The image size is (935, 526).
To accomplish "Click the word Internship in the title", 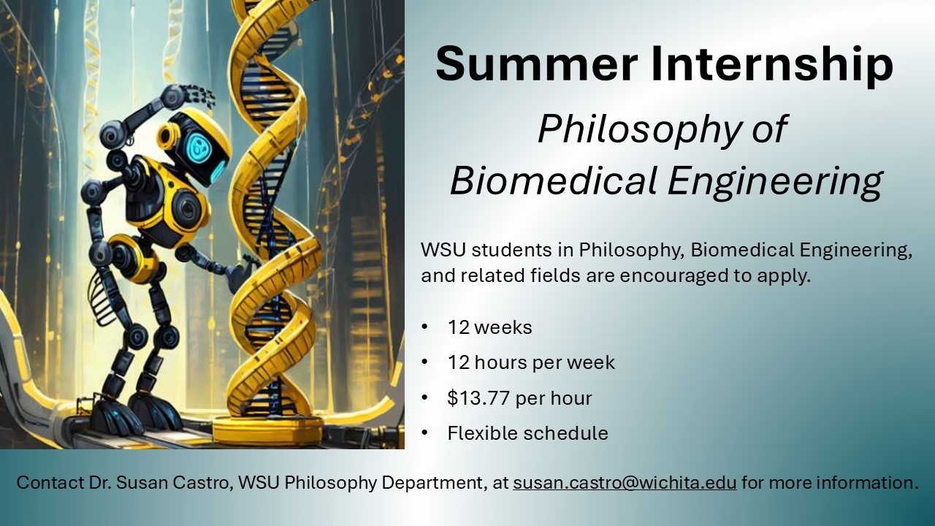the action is coord(773,66).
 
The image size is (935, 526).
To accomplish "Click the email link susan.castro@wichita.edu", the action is coord(625,482).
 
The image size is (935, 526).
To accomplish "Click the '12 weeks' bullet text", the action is coord(489,327).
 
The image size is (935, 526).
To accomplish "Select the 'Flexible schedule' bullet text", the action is coord(527,433).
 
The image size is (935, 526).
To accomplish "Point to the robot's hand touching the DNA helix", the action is coord(240,272).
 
